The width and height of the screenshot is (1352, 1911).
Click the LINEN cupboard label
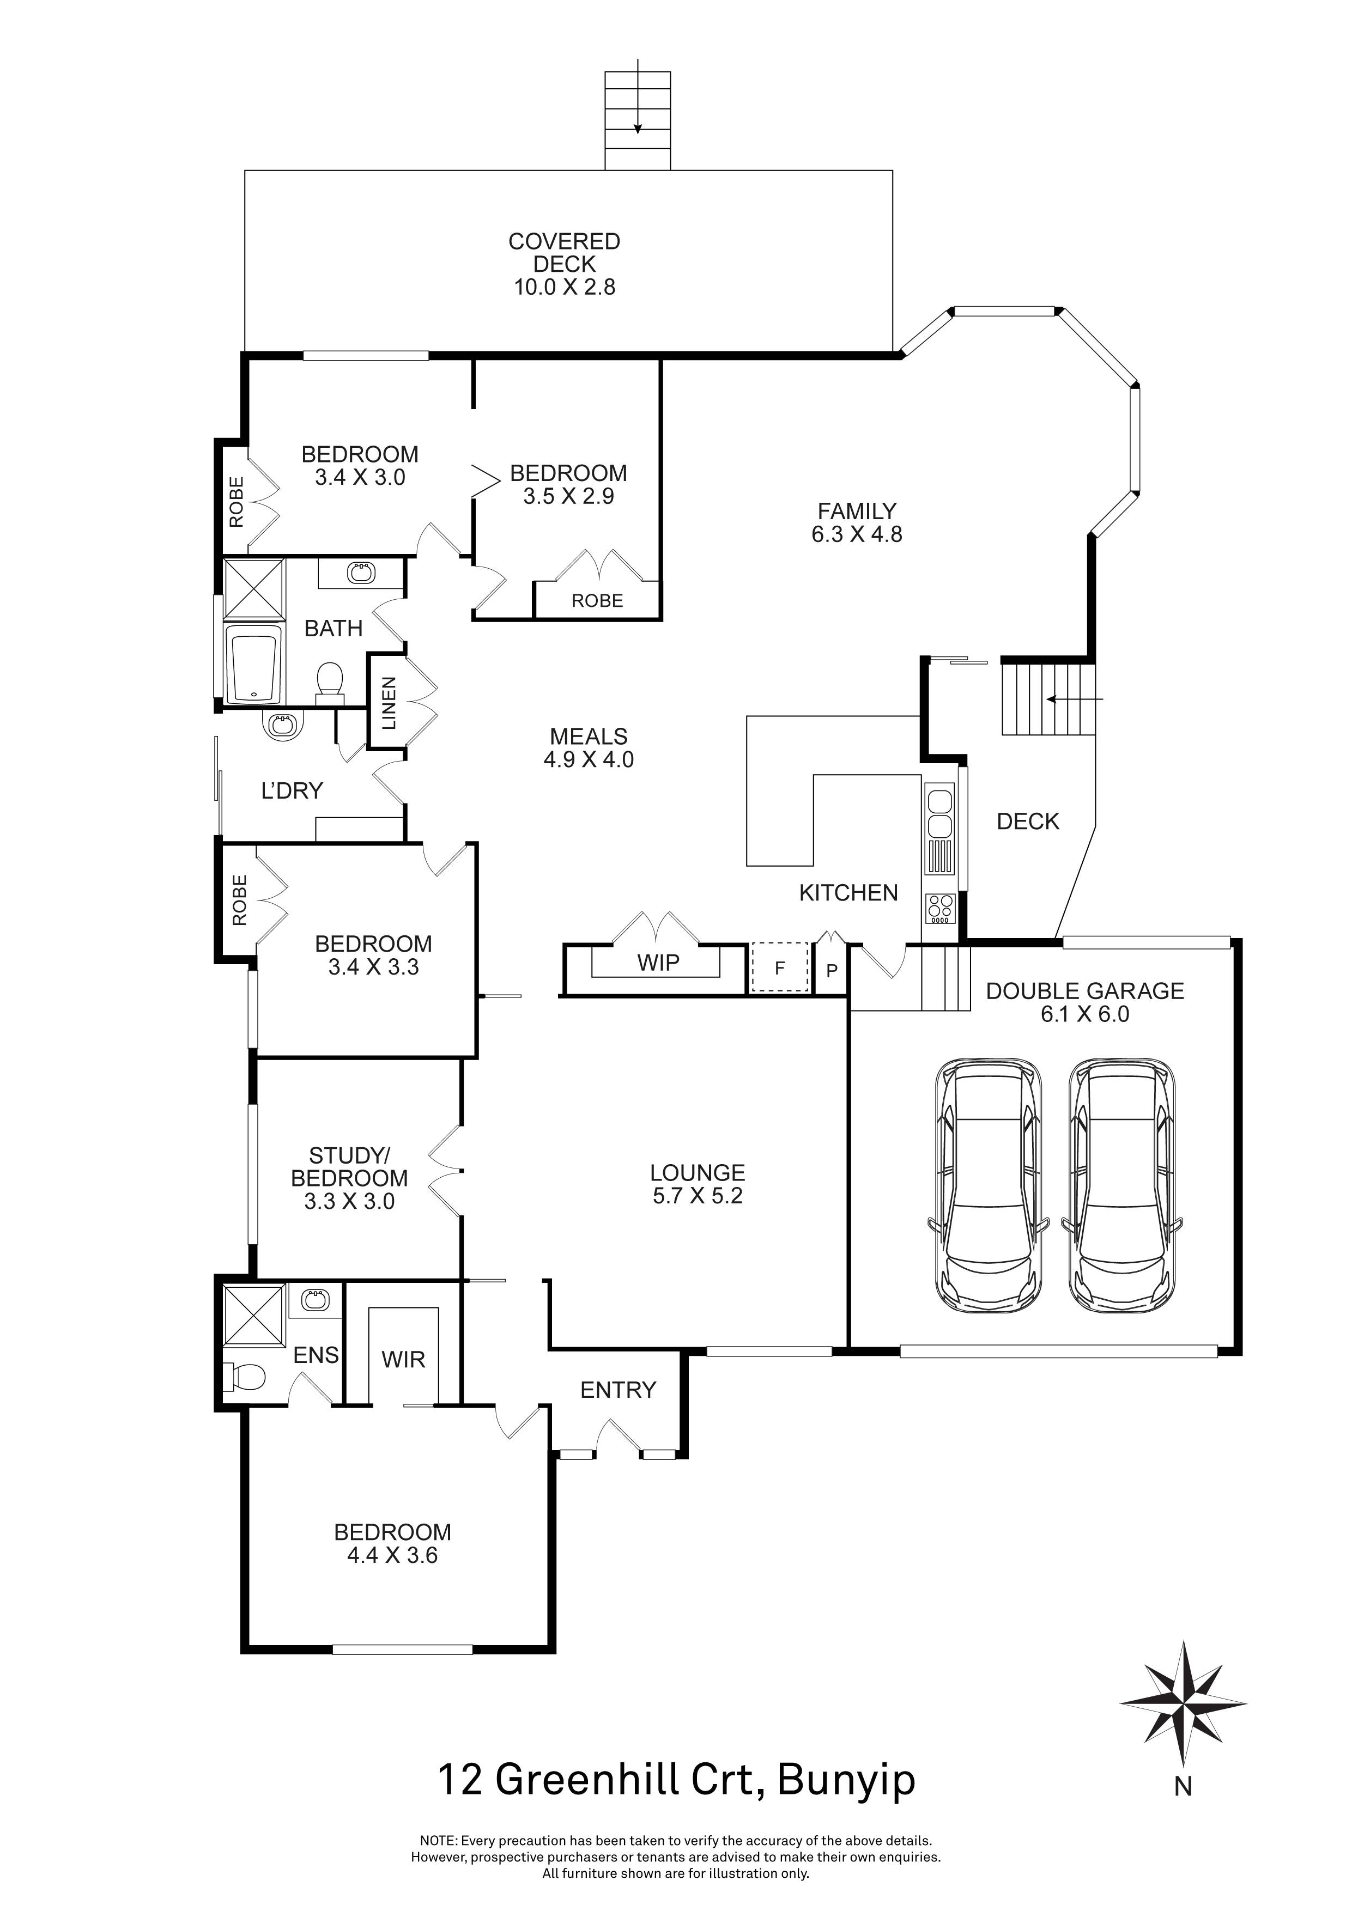point(389,703)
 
